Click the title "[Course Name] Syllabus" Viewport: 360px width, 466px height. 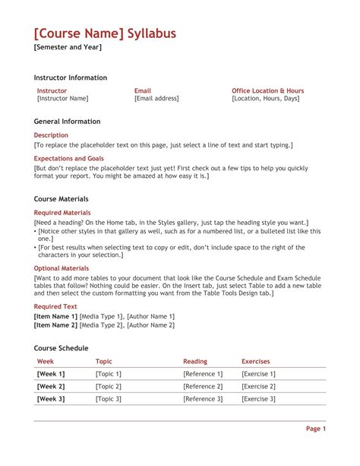tap(105, 33)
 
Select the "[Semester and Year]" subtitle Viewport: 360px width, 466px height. tap(68, 48)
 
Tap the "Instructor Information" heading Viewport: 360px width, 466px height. tap(71, 78)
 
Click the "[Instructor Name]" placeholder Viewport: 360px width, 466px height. tap(62, 98)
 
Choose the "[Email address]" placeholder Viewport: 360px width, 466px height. tap(156, 98)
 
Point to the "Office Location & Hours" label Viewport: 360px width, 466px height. tap(267, 90)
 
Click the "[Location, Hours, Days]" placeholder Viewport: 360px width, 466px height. tap(265, 98)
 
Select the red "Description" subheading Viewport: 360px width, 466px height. tap(52, 135)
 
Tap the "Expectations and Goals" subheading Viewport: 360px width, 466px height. tap(69, 159)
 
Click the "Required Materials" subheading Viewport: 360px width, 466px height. tap(62, 212)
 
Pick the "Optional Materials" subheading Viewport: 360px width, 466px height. tap(62, 268)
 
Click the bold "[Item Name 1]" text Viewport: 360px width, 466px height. tap(55, 316)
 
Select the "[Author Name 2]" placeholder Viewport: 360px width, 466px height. tap(150, 325)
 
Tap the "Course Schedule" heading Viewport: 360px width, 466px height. tap(62, 347)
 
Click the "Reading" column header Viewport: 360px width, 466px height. tap(195, 362)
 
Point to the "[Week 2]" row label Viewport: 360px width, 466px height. tap(51, 386)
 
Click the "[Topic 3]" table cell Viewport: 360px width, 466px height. tap(109, 399)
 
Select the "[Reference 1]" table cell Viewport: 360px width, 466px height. tap(203, 374)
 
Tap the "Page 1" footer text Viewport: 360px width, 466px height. tap(316, 429)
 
